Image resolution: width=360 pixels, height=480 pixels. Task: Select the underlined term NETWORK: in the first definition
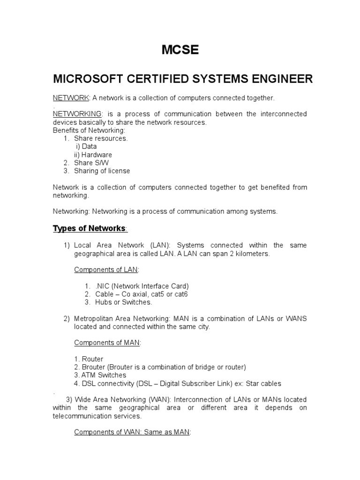pyautogui.click(x=71, y=97)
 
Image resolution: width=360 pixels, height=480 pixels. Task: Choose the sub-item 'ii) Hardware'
pyautogui.click(x=93, y=155)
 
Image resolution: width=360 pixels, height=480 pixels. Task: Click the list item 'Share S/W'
pyautogui.click(x=91, y=163)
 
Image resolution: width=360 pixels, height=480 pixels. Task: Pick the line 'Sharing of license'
pyautogui.click(x=102, y=171)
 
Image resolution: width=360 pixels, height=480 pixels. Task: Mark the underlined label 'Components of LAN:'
pyautogui.click(x=106, y=270)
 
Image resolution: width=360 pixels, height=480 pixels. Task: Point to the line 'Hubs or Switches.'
pyautogui.click(x=117, y=302)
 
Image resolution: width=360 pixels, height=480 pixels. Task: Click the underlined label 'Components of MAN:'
pyautogui.click(x=107, y=343)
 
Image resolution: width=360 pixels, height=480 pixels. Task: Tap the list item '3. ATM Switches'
pyautogui.click(x=100, y=375)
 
